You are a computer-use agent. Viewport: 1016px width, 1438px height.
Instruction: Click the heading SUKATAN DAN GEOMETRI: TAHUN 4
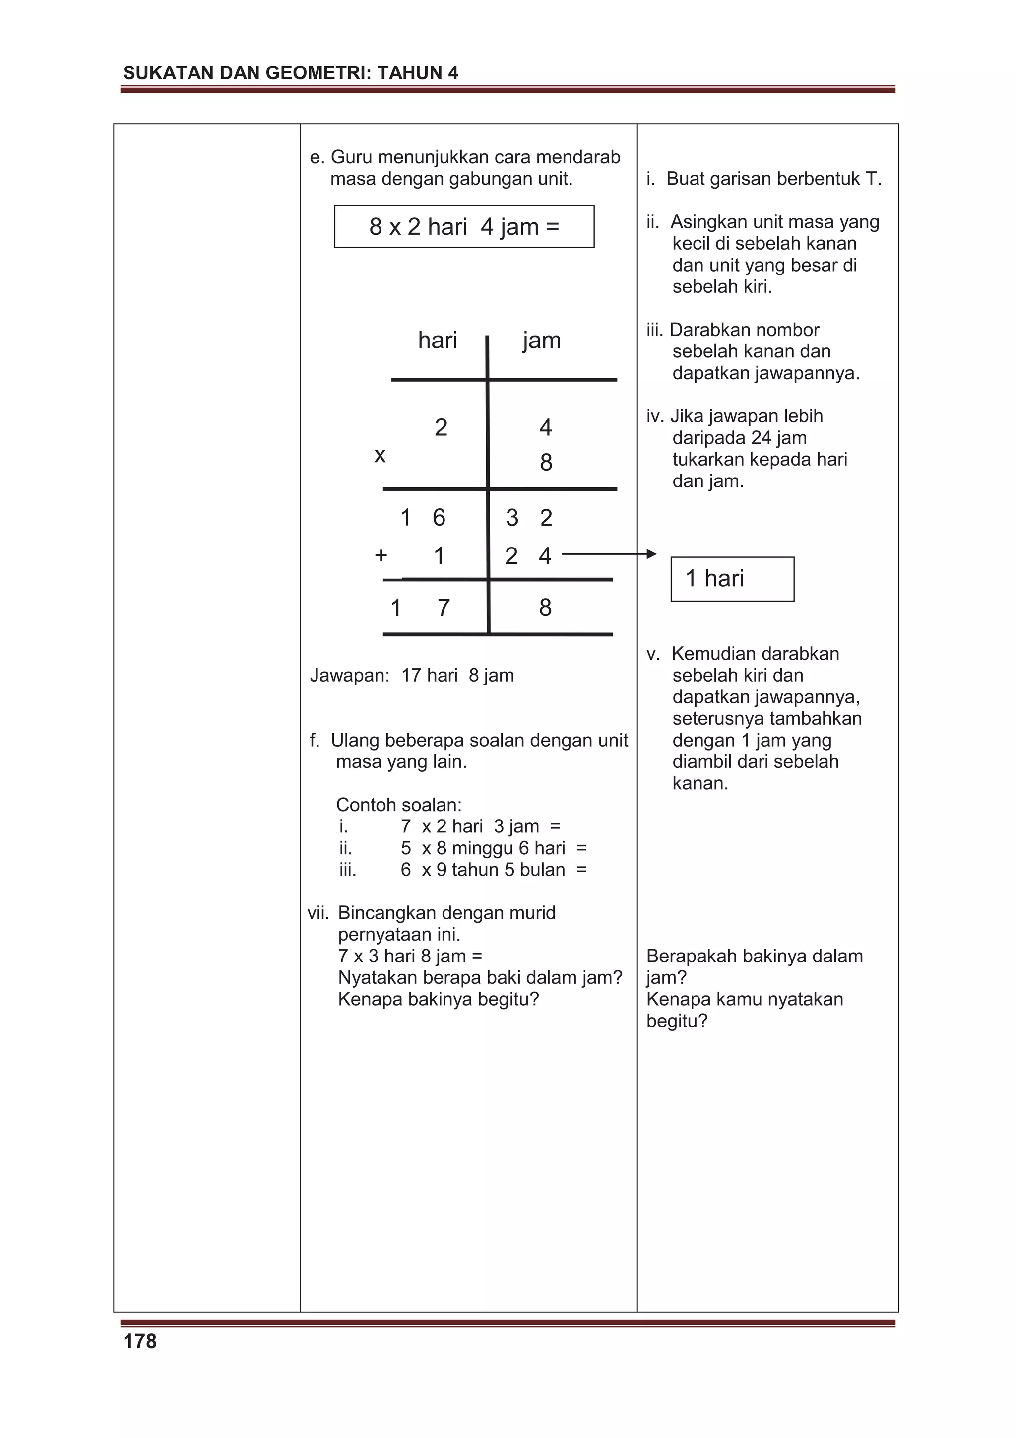[x=291, y=73]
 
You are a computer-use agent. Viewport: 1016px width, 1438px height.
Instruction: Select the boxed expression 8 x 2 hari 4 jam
[x=464, y=227]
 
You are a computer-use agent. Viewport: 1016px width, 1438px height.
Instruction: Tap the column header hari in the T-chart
[x=438, y=341]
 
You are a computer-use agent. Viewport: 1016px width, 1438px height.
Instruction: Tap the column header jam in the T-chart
[x=542, y=341]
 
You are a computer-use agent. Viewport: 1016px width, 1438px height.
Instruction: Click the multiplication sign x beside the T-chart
[x=380, y=455]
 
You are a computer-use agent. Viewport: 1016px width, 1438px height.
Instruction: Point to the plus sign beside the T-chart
[x=381, y=555]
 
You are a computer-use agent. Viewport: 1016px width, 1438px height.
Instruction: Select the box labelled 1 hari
[x=732, y=579]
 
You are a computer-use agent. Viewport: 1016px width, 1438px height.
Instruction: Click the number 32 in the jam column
[x=529, y=518]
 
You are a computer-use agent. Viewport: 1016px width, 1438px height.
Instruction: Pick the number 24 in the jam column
[x=528, y=556]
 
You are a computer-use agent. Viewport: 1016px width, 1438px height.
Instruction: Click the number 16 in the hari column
[x=423, y=518]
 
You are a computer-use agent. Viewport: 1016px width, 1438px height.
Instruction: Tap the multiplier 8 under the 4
[x=546, y=463]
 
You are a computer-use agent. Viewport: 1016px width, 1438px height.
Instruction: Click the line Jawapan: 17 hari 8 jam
[x=412, y=675]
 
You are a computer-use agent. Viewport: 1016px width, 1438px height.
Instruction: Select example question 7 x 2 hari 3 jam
[x=480, y=827]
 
